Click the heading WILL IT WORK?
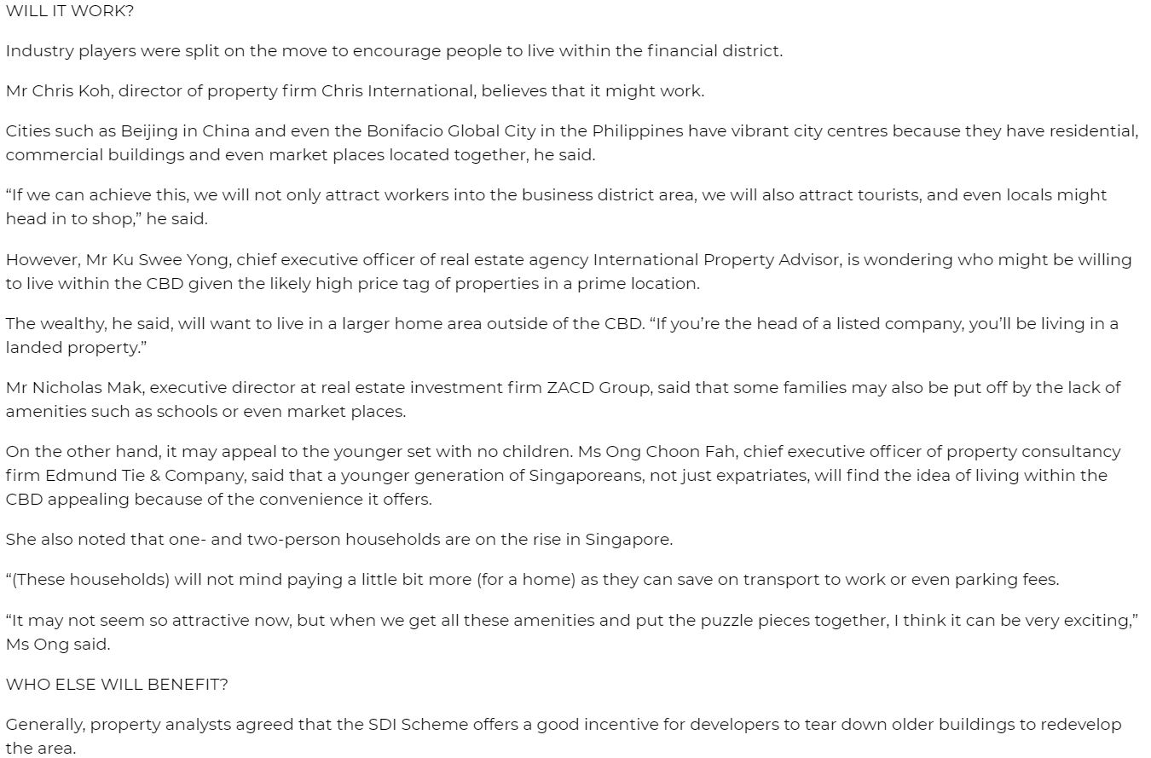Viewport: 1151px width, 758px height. tap(70, 11)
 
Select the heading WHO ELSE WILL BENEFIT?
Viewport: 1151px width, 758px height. tap(117, 684)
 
